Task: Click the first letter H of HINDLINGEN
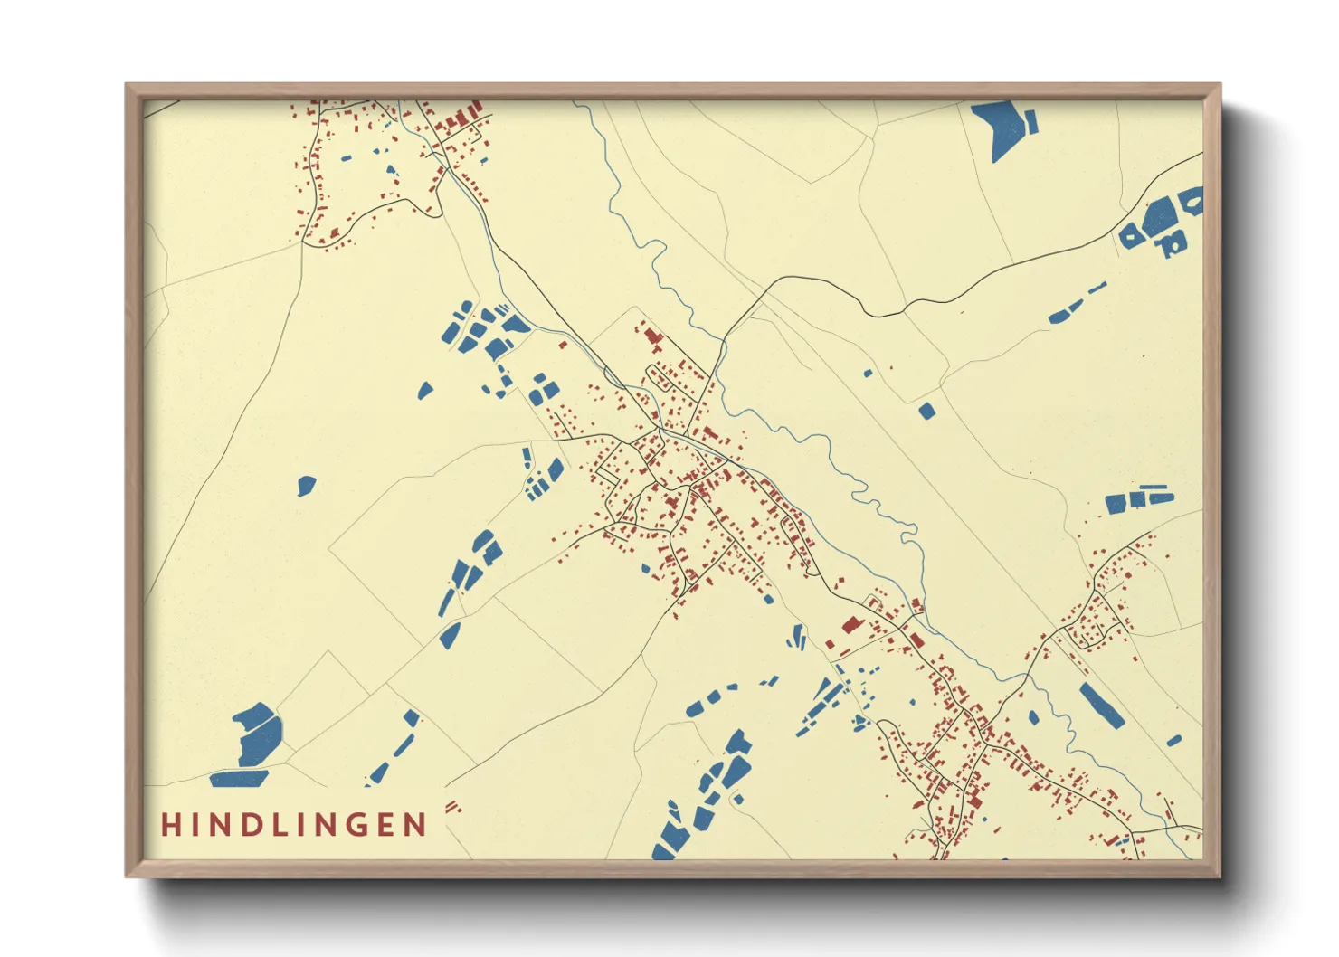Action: click(169, 825)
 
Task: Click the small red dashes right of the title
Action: click(452, 806)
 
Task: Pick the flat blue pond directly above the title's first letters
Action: click(239, 778)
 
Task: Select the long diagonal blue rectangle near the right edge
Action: click(1101, 706)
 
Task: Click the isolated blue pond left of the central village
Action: click(307, 486)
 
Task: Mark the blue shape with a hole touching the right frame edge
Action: click(1191, 200)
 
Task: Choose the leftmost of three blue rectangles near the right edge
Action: click(1116, 504)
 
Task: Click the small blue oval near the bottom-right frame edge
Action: click(1173, 741)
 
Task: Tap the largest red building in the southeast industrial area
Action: click(850, 624)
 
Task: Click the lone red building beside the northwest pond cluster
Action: click(563, 345)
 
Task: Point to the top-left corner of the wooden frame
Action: click(128, 86)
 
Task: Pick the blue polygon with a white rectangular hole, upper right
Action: click(1173, 242)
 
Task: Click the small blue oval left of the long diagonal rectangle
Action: click(1033, 718)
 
